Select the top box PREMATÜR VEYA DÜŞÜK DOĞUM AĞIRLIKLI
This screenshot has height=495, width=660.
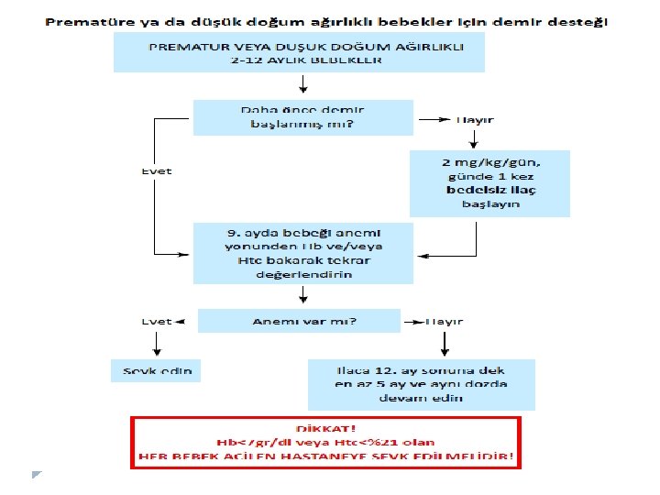[299, 52]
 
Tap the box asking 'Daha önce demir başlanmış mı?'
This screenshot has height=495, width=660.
[302, 117]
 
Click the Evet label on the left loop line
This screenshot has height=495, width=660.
[157, 171]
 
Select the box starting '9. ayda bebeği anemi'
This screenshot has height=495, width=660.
[302, 253]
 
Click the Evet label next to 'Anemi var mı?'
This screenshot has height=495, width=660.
[157, 322]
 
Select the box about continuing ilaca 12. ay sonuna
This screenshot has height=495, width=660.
[421, 383]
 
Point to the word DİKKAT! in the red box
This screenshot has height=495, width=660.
[326, 428]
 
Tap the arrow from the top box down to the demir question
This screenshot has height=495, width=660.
[302, 85]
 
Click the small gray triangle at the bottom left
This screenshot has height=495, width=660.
[36, 474]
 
